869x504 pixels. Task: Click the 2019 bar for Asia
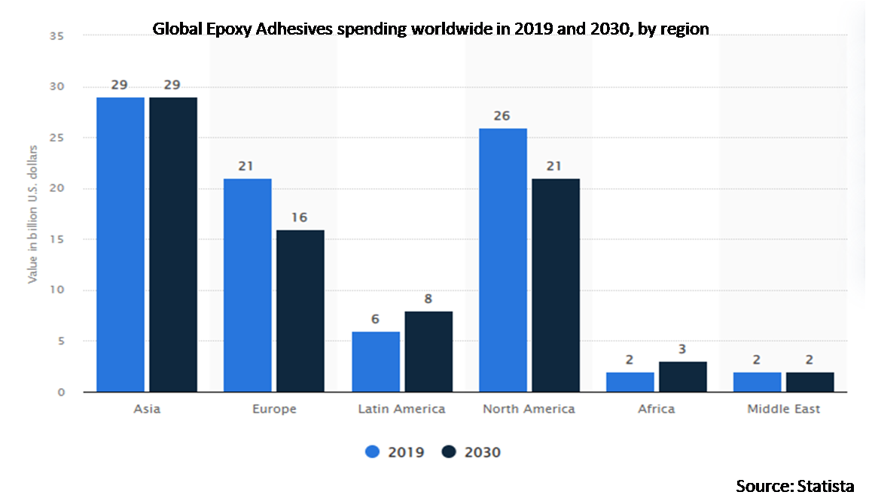120,244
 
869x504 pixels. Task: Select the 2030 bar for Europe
300,311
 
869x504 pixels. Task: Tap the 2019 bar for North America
503,260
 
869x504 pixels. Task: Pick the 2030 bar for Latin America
428,351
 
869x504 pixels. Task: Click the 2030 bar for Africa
682,377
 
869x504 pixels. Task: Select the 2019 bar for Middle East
758,382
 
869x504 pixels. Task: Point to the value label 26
502,116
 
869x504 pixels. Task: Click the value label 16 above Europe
300,217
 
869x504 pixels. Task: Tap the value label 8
428,299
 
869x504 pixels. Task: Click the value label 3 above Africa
682,349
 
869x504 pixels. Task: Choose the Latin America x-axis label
402,409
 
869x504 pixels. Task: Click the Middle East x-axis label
783,409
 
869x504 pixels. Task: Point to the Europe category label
274,409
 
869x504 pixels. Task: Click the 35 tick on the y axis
56,36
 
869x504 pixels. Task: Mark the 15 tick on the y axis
56,239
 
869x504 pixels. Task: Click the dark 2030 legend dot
450,452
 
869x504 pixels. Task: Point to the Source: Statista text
794,486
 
